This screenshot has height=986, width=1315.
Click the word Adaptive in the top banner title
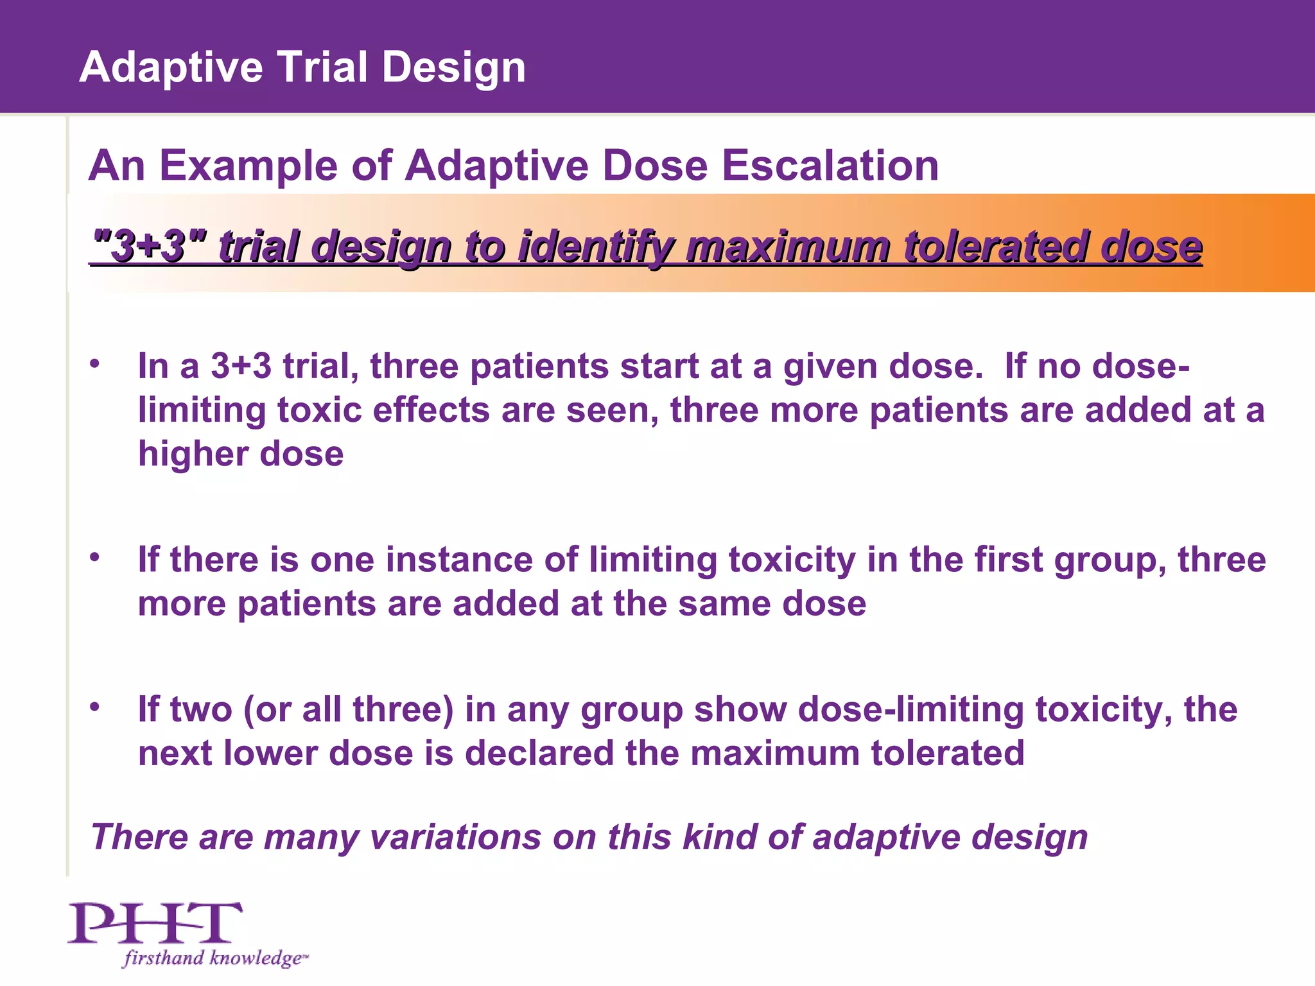tap(171, 67)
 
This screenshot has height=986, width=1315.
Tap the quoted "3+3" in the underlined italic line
tap(149, 246)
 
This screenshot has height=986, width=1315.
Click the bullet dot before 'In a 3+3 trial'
tap(95, 364)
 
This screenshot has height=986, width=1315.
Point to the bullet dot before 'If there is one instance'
tap(95, 557)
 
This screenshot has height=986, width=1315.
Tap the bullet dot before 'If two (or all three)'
tap(95, 707)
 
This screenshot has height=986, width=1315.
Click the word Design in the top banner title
tap(453, 67)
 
